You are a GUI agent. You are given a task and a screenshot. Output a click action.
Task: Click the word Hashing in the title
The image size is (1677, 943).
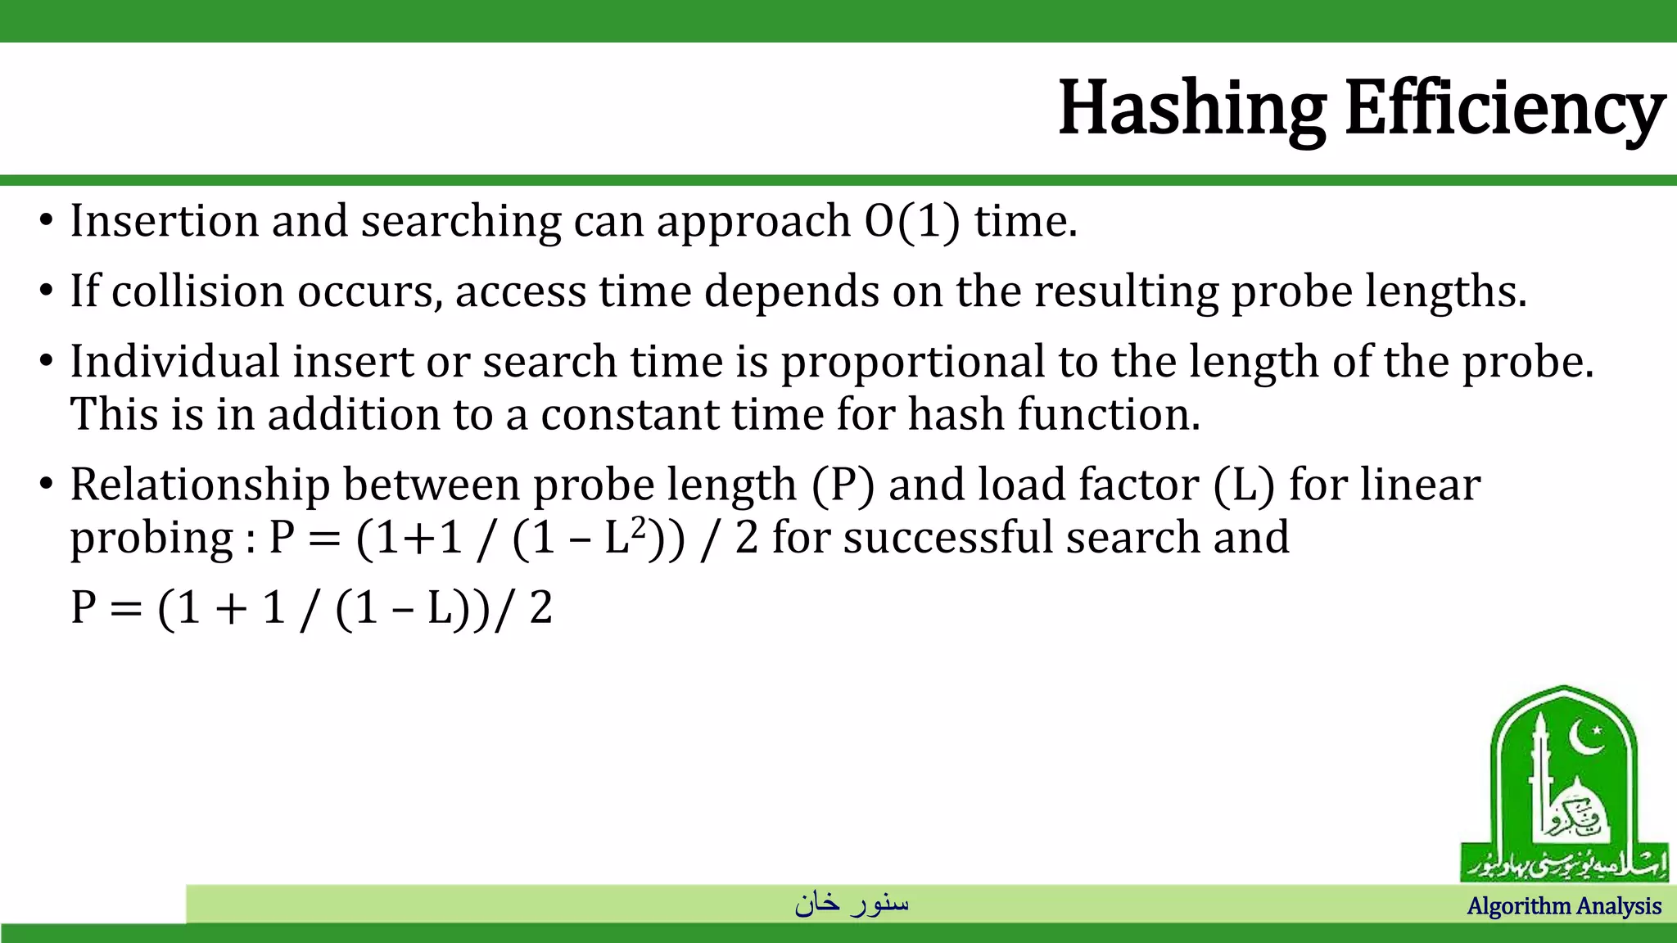pyautogui.click(x=1191, y=108)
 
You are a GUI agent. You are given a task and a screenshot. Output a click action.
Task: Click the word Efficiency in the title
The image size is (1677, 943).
pyautogui.click(x=1505, y=108)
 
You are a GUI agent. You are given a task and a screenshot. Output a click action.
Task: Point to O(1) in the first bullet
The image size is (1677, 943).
pyautogui.click(x=911, y=221)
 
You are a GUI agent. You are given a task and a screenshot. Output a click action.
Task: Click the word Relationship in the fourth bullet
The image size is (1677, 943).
pyautogui.click(x=199, y=485)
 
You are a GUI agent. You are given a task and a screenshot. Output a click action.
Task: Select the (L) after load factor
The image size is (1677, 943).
pyautogui.click(x=1244, y=485)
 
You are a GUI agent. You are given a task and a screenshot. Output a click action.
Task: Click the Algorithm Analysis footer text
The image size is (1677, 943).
pyautogui.click(x=1564, y=906)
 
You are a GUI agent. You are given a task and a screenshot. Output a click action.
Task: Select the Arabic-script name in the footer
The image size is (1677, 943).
pyautogui.click(x=852, y=903)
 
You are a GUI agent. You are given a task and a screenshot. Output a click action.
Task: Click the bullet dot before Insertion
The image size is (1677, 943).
pyautogui.click(x=46, y=221)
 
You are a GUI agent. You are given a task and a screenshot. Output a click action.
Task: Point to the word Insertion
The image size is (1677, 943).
pyautogui.click(x=164, y=221)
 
